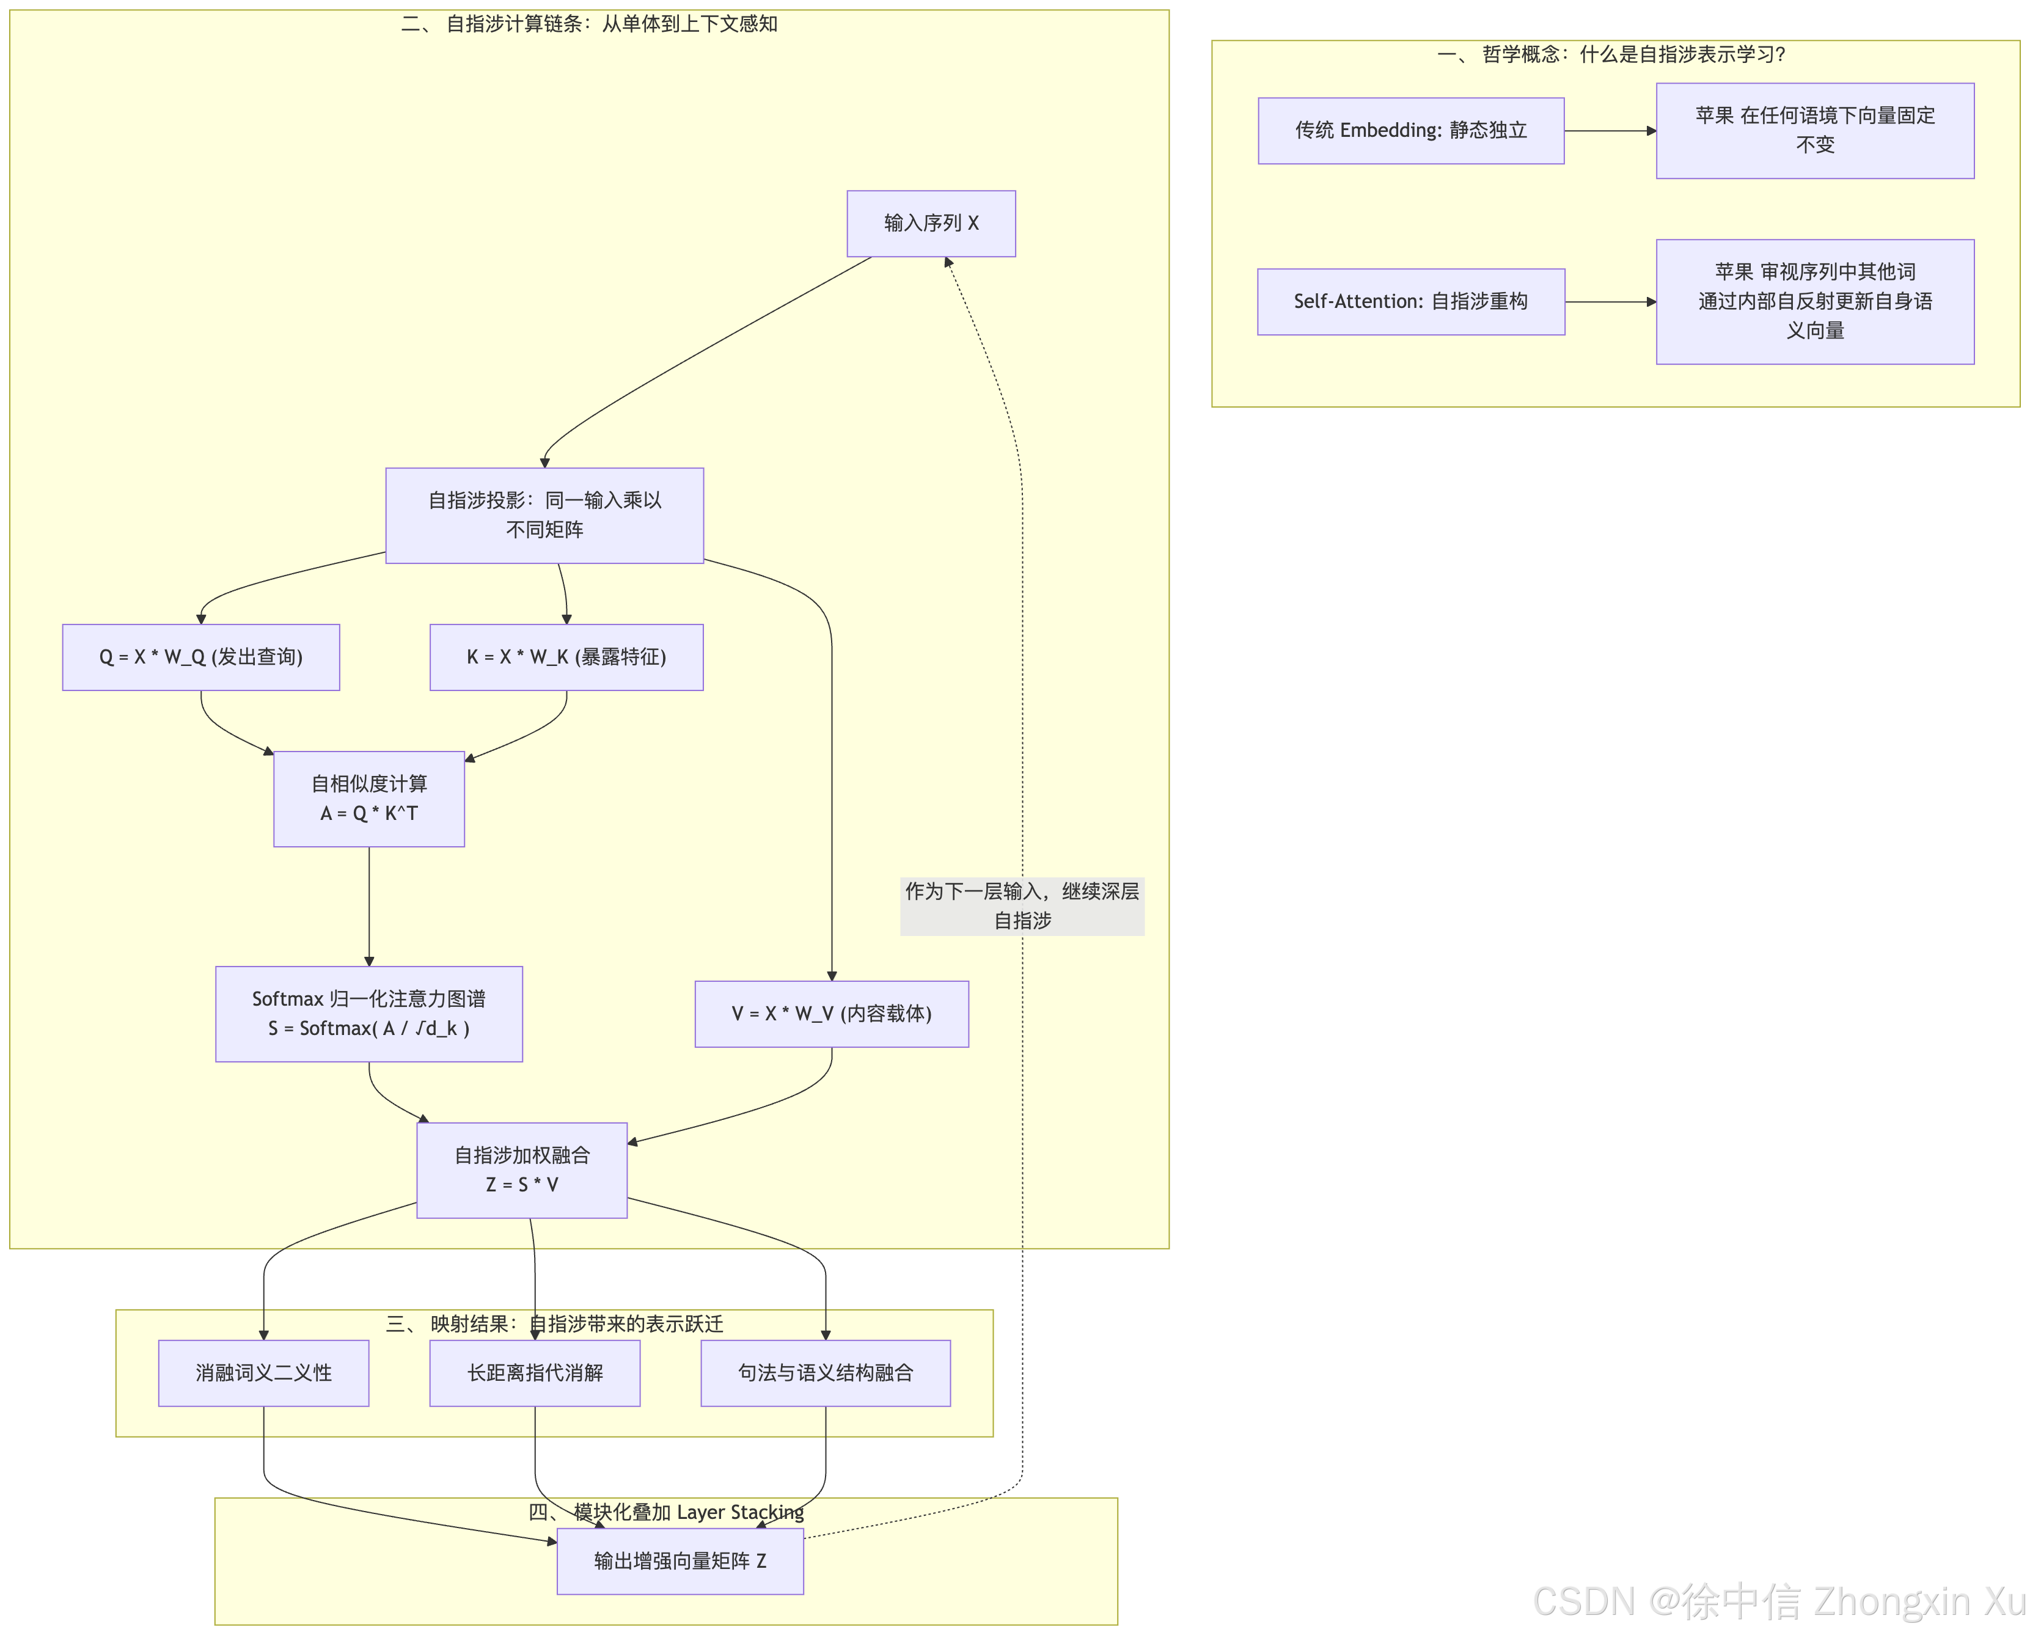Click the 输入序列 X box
(x=931, y=223)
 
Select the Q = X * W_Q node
(x=200, y=656)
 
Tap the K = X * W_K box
(x=566, y=656)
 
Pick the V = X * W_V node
(x=832, y=1014)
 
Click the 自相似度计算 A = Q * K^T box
(x=368, y=799)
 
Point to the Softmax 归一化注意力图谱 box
(x=368, y=1014)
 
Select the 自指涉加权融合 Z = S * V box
(x=522, y=1170)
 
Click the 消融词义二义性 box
(x=264, y=1372)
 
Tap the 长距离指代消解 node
(x=535, y=1372)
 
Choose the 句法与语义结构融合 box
(x=825, y=1372)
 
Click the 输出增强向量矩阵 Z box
(x=680, y=1560)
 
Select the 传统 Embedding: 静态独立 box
(x=1411, y=130)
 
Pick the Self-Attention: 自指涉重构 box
(x=1411, y=301)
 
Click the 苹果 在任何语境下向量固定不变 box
(x=1816, y=130)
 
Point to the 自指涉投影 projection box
(x=544, y=515)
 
